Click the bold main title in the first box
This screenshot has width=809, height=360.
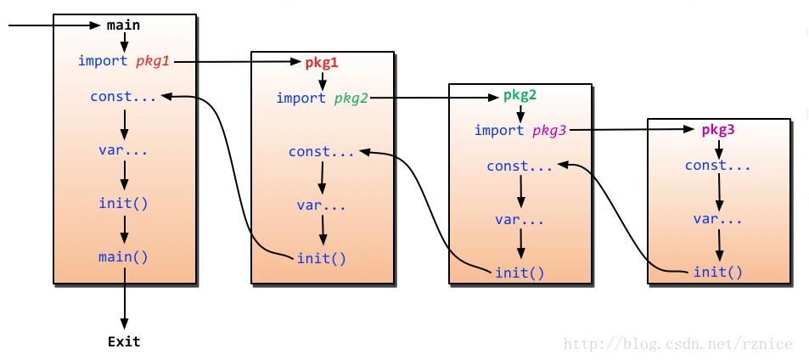click(x=123, y=25)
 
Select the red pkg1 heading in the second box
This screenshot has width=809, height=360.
click(x=322, y=63)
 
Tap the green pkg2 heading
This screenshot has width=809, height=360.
click(x=520, y=95)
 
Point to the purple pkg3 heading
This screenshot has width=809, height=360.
click(x=718, y=130)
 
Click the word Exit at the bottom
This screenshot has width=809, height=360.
click(x=124, y=342)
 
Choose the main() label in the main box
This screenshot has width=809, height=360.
click(x=124, y=256)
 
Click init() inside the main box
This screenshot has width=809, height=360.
click(x=124, y=204)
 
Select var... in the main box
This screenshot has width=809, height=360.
click(x=124, y=150)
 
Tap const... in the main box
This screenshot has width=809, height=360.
click(x=124, y=97)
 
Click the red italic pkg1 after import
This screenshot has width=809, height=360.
click(x=153, y=61)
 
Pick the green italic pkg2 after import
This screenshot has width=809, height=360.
click(x=351, y=98)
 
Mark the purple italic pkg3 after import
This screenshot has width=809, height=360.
click(x=548, y=131)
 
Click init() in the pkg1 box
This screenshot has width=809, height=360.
click(x=322, y=258)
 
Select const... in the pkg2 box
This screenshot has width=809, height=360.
click(x=520, y=166)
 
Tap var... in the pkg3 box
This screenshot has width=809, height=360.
click(x=718, y=219)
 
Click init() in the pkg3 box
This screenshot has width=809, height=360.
click(x=718, y=272)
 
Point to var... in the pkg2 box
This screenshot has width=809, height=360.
click(x=520, y=220)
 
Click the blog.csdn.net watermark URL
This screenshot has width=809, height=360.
click(x=677, y=344)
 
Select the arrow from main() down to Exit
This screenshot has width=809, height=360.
click(x=125, y=297)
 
